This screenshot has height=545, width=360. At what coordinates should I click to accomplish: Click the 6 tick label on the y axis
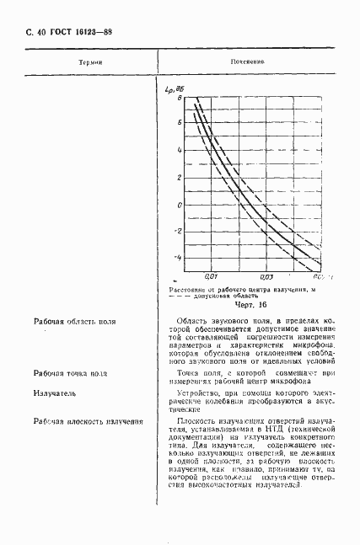[x=179, y=122]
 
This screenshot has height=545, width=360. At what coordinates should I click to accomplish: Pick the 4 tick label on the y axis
[x=179, y=150]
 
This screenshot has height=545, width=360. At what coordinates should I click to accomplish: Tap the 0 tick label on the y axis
[x=179, y=205]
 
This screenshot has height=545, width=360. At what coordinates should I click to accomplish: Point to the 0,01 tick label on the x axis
[x=212, y=275]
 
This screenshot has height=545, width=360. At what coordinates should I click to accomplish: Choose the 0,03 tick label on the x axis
[x=266, y=275]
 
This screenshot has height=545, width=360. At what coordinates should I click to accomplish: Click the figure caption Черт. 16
[x=250, y=305]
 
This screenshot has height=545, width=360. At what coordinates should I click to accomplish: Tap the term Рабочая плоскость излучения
[x=88, y=420]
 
